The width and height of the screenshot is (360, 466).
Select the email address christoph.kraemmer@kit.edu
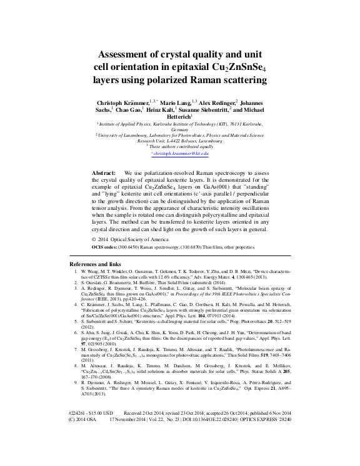coord(180,153)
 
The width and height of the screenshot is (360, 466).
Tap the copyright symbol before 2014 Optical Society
coord(94,239)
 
